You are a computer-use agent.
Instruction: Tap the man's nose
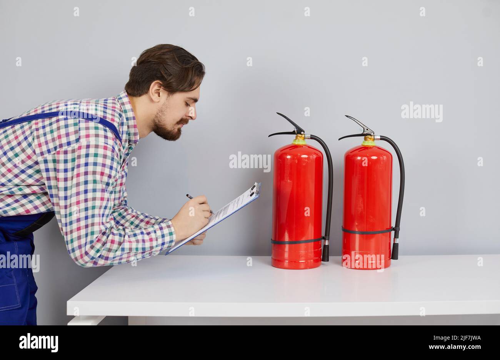pos(193,113)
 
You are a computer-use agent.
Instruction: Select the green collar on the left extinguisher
pos(299,142)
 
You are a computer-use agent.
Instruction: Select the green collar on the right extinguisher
pos(368,143)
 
